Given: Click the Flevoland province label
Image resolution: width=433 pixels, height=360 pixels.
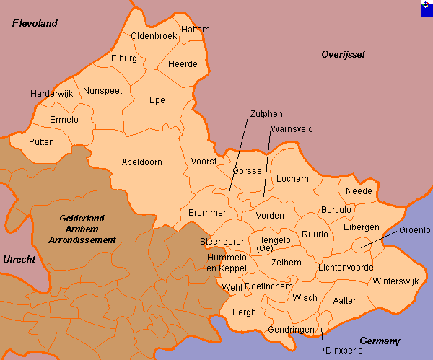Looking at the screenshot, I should tap(35, 24).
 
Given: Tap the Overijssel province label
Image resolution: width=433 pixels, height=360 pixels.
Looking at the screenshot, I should tap(344, 55).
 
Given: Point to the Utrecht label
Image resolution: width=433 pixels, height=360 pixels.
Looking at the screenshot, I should tap(18, 259).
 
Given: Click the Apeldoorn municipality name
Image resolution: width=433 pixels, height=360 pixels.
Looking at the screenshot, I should tap(141, 162).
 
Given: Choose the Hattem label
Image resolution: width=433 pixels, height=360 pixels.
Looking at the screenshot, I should tap(196, 30).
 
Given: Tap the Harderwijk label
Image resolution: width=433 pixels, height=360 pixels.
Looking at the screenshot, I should tap(52, 94).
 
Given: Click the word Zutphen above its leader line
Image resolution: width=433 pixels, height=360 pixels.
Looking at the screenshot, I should tap(266, 114).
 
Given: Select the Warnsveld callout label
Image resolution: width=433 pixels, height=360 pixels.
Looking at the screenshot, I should tap(291, 130).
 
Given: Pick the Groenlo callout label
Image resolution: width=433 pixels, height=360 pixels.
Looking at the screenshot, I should tap(414, 230).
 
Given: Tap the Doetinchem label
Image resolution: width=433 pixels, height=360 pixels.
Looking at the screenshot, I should tap(268, 286).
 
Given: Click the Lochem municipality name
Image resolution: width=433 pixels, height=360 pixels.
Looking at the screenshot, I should tap(292, 178).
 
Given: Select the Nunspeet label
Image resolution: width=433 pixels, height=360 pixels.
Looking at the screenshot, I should tap(102, 91).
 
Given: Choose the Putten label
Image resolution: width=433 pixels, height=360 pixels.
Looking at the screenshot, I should tap(41, 142).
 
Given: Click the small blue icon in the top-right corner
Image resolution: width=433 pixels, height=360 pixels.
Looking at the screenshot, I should tap(427, 6).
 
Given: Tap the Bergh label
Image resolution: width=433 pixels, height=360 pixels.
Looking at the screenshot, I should tap(244, 312).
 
